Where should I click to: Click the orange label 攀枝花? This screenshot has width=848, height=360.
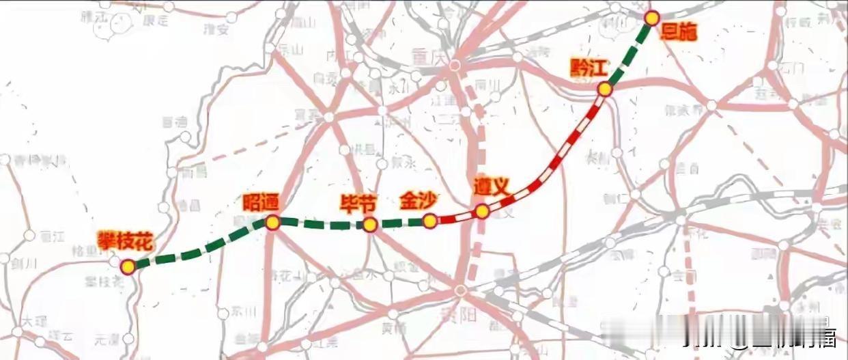125,240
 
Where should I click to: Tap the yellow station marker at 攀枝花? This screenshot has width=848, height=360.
128,266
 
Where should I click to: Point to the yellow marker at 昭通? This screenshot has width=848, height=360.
272,222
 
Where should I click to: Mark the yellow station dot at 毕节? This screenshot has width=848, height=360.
370,225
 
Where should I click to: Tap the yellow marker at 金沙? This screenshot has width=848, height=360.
429,221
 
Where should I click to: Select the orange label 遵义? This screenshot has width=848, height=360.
492,187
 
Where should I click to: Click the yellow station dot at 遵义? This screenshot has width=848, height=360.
482,212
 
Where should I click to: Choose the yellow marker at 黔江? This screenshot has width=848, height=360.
604,89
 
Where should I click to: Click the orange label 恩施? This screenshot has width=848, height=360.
679,32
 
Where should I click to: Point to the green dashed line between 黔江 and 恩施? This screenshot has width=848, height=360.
628,53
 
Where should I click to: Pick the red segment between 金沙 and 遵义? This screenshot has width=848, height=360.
455,218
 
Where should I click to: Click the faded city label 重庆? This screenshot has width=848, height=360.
428,54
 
